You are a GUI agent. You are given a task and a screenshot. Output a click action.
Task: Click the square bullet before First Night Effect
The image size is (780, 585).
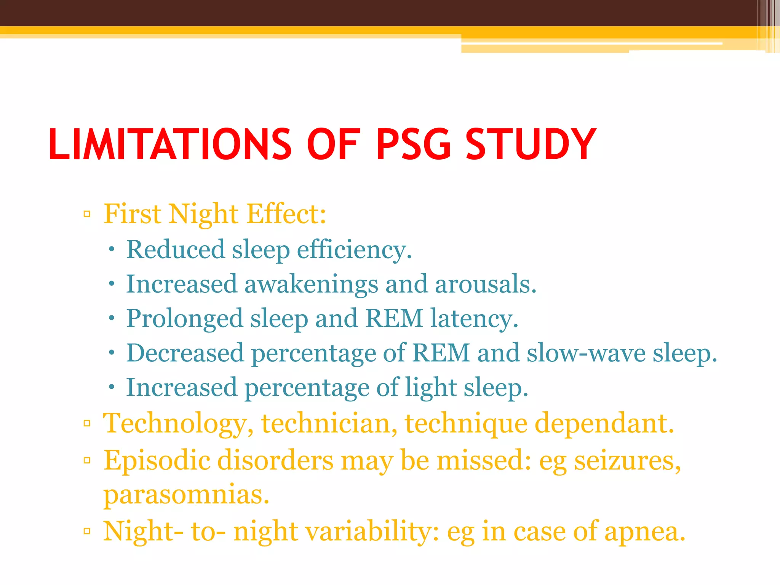[x=87, y=214]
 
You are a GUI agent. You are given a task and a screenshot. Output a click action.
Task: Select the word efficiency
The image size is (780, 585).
[x=354, y=250]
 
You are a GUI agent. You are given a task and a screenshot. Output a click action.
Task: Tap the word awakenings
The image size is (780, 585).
[x=311, y=285]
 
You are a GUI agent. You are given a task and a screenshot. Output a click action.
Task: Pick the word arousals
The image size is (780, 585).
[x=486, y=284]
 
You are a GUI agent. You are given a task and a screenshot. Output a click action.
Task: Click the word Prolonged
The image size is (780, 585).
[x=184, y=319]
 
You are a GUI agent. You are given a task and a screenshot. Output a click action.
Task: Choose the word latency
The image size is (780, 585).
[x=474, y=318]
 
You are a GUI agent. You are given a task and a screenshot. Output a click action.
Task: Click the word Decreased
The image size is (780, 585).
[x=185, y=353]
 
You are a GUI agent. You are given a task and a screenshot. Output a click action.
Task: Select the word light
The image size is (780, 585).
[x=430, y=388]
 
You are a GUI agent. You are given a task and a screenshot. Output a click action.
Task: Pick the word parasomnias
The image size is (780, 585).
[x=186, y=495]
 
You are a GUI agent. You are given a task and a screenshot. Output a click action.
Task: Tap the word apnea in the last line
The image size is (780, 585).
[x=645, y=531]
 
